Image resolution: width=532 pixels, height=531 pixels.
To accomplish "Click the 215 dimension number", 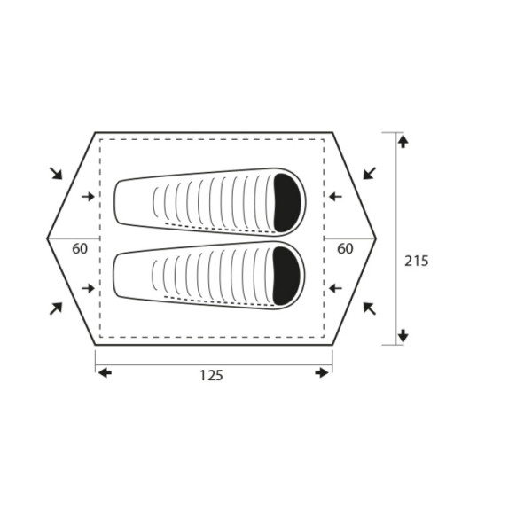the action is click(417, 261).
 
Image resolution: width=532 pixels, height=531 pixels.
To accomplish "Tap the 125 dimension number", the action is click(211, 376).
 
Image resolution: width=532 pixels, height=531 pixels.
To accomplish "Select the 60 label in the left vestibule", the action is click(80, 249).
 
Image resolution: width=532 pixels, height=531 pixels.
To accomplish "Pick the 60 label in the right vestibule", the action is click(345, 249).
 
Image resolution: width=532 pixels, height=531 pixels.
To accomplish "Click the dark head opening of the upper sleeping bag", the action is click(287, 203).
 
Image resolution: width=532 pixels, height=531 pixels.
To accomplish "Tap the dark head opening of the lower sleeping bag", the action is click(286, 276).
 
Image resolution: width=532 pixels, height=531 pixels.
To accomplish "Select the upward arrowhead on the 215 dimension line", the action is click(403, 142).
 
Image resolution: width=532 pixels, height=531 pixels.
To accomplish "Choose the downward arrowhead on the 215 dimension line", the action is click(403, 335).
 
